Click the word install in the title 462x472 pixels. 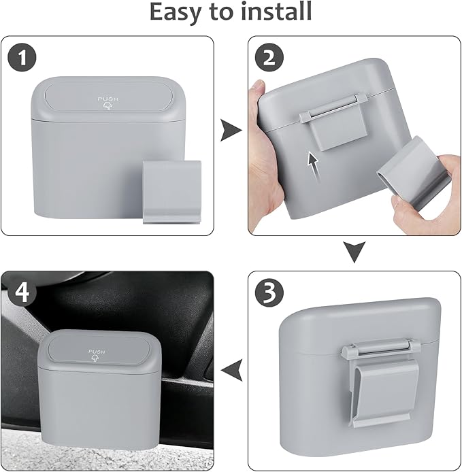coord(276,11)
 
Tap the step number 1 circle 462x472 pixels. coord(22,57)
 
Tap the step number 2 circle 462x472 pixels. coord(269,57)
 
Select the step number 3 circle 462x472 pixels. coord(269,292)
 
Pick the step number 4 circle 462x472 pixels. coord(22,292)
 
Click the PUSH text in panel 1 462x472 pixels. coord(108,99)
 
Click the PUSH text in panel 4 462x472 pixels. coord(97,352)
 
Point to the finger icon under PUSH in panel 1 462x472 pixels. coord(108,106)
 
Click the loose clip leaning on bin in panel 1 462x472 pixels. coord(172,192)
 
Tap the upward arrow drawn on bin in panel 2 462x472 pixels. coord(314,167)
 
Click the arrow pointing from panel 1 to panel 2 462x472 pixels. coord(231,130)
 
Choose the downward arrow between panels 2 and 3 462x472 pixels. coord(354,252)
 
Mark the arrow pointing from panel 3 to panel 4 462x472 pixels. coord(231,370)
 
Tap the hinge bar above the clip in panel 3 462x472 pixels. coord(381,349)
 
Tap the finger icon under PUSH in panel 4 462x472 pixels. coord(95,358)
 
